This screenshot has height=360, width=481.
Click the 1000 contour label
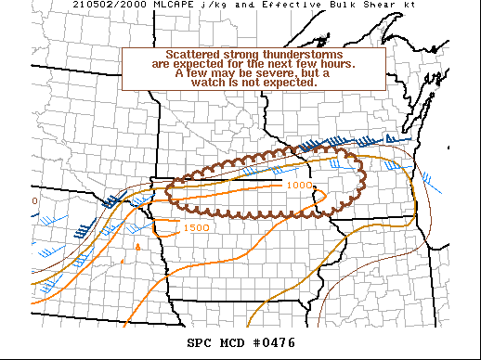299,186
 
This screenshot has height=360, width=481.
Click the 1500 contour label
196,227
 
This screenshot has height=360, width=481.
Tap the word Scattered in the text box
193,55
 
